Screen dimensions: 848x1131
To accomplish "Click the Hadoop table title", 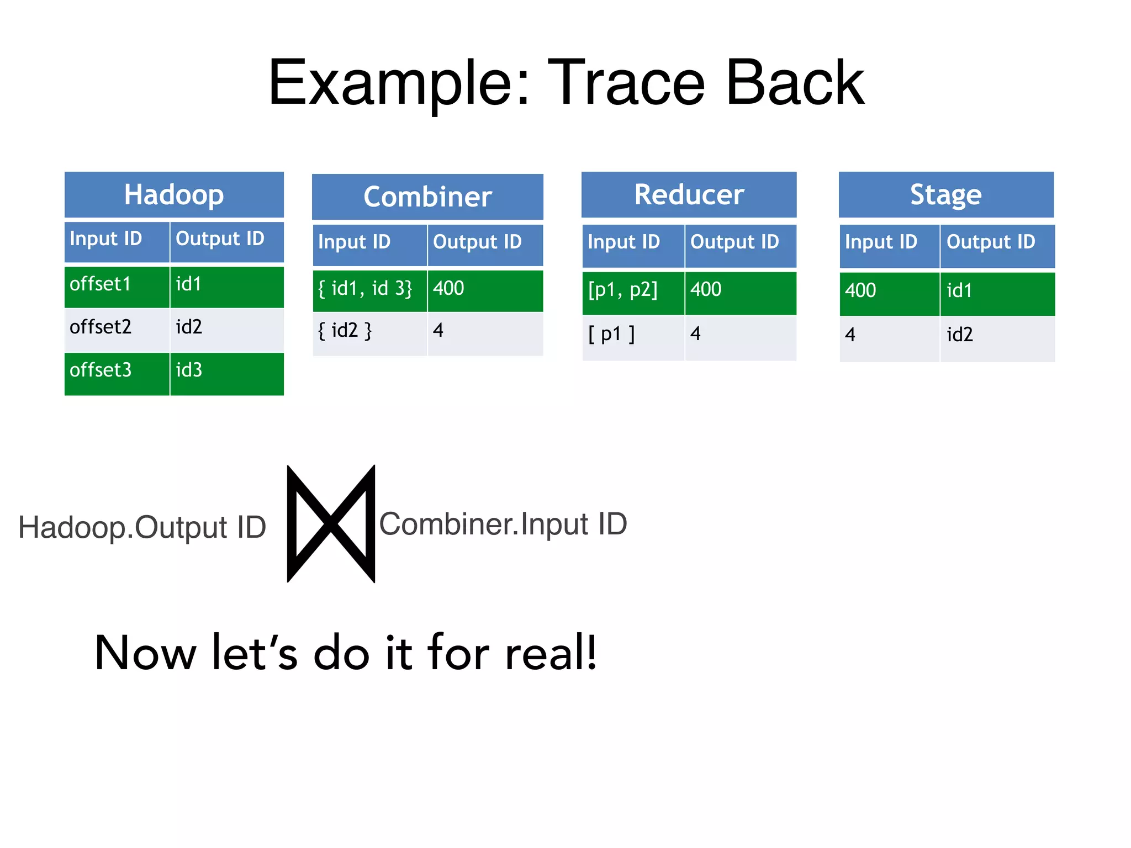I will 174,194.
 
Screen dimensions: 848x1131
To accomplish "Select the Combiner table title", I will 427,197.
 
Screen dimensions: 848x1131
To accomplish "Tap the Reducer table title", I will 689,194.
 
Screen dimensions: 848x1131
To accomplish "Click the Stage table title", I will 946,194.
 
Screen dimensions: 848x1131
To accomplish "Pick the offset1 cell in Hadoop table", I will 117,286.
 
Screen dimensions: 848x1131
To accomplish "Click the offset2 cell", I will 117,328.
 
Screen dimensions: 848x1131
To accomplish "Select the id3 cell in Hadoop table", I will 226,372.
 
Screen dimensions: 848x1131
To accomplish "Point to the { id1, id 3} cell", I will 369,289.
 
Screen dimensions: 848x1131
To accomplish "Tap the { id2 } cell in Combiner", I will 369,332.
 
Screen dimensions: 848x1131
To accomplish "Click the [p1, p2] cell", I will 633,291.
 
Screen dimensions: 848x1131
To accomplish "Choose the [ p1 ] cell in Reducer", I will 633,335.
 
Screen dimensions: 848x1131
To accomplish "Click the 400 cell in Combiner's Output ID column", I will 485,289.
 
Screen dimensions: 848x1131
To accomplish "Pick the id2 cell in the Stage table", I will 997,336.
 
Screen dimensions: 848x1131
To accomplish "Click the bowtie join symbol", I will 331,523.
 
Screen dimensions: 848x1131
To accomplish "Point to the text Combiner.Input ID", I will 503,524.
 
